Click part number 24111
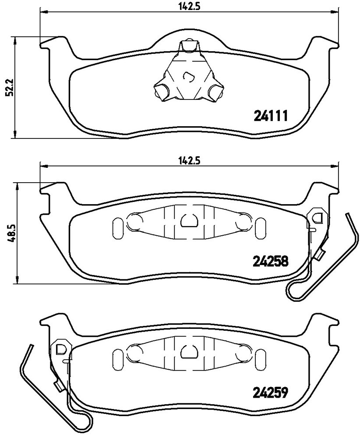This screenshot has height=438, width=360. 271,116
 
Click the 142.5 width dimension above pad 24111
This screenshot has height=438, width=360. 189,7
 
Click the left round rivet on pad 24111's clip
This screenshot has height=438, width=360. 161,91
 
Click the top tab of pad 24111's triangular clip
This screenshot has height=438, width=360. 189,45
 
